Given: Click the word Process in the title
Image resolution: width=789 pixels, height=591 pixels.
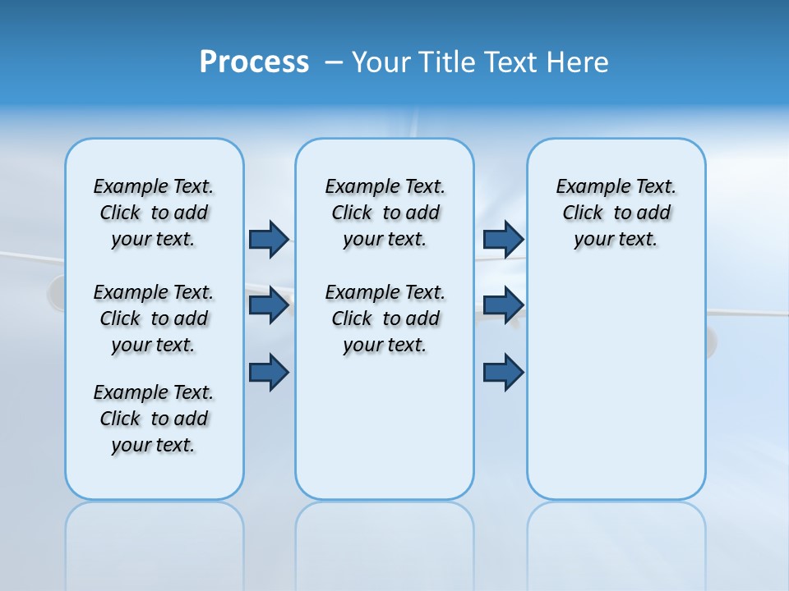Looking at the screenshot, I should coord(254,62).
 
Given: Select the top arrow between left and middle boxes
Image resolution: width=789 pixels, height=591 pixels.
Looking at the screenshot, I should coord(269,239).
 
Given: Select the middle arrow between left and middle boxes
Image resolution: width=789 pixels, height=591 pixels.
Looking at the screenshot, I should coord(269,305).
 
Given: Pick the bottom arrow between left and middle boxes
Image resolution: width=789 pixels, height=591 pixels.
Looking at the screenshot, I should coord(269,372).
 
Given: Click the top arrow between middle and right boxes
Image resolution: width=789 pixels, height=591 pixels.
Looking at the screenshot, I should coord(503,239).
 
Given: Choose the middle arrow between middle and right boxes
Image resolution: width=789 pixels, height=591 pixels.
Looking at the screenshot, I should coord(503,305).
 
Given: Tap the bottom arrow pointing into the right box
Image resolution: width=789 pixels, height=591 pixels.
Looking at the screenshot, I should coord(503,372).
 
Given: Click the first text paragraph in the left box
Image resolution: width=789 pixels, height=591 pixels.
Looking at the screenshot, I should coord(154,213).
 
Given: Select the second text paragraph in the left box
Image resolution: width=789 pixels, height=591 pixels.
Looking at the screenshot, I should coord(154,318).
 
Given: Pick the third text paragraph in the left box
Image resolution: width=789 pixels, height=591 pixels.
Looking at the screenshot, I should coord(154,419).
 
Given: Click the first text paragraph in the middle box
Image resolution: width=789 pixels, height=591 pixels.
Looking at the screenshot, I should coord(385,213).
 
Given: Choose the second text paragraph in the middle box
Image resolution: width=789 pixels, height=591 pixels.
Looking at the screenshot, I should coord(385,318).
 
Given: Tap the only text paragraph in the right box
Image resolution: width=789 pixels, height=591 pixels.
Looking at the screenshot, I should coord(616,213).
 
